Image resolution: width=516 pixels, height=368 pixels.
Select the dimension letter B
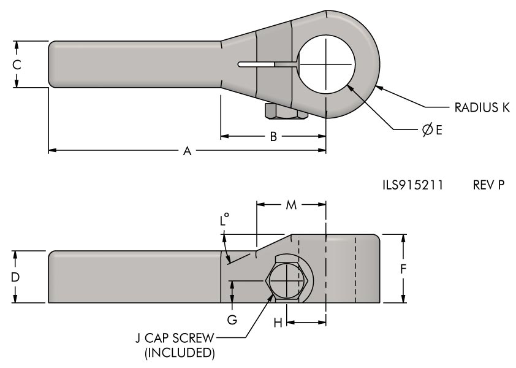point(274,136)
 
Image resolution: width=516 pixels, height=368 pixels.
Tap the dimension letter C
point(17,64)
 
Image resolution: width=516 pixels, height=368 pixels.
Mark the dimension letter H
point(278,323)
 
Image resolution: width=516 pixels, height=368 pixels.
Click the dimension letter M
point(291,205)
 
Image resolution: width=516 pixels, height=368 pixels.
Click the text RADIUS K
point(482,107)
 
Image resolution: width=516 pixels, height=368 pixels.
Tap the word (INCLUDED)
point(178,353)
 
